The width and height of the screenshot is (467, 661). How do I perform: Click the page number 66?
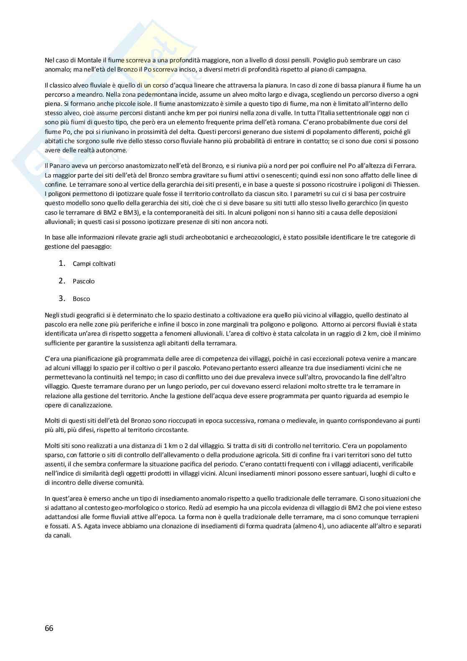click(49, 628)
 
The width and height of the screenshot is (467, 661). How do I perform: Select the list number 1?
click(62, 263)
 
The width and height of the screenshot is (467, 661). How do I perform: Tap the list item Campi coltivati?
click(94, 264)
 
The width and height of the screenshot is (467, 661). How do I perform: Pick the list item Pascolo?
click(83, 281)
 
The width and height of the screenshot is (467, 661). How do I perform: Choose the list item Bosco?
click(81, 299)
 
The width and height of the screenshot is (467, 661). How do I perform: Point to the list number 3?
click(62, 298)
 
